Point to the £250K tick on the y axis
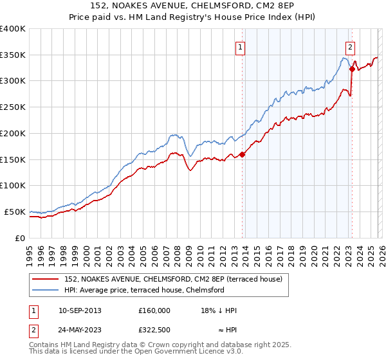(x=13, y=107)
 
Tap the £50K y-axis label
(x=15, y=212)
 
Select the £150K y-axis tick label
(x=13, y=159)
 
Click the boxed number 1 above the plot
(x=240, y=46)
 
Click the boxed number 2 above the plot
(x=350, y=46)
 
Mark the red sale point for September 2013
(x=243, y=154)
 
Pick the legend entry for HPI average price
(x=143, y=290)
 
